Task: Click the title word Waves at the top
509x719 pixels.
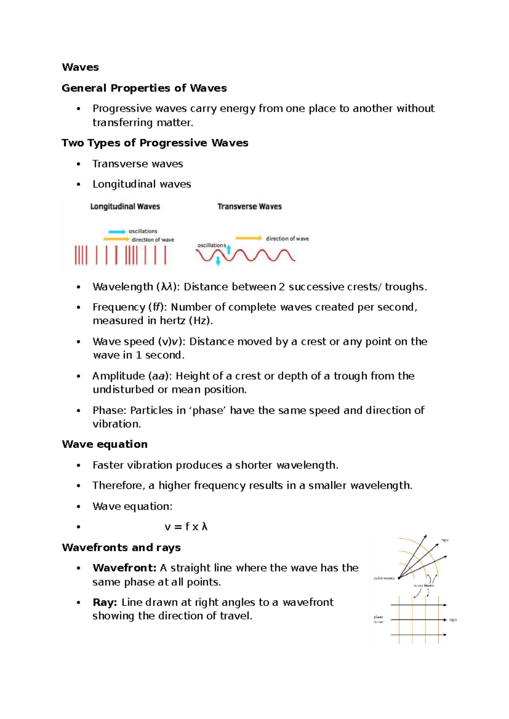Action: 80,67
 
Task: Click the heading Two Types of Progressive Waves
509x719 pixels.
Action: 155,143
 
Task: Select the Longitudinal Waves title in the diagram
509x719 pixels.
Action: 125,206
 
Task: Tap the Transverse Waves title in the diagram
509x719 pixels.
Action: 249,206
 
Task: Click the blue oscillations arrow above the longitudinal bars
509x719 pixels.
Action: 117,231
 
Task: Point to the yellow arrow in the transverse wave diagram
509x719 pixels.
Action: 249,238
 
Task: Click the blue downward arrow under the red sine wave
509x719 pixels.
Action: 218,261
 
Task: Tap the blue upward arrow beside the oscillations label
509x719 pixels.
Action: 229,249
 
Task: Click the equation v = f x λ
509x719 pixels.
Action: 186,527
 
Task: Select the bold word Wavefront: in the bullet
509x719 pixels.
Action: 125,568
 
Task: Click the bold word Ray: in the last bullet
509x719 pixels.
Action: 105,602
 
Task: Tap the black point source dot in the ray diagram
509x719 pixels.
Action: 399,577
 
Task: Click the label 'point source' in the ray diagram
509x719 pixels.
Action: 384,578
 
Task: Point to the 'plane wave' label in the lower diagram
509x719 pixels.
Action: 378,619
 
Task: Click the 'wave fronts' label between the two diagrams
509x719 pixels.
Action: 424,585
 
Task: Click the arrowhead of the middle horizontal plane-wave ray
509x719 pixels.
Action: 444,620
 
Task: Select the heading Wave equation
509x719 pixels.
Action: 105,444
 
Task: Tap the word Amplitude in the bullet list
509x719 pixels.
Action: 118,376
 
